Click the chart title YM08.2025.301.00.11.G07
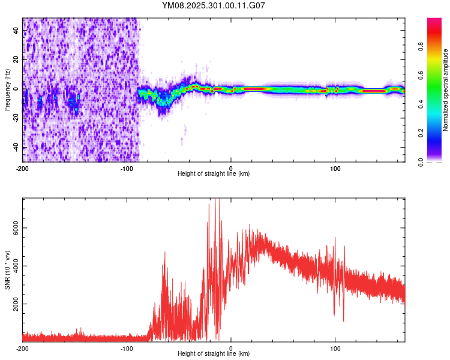[214, 5]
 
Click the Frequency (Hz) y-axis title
[7, 89]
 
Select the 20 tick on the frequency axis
[17, 59]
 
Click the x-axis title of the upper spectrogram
[214, 174]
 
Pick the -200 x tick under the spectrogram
[23, 167]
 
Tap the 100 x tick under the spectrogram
[335, 167]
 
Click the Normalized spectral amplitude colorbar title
[445, 90]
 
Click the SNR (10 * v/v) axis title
[7, 269]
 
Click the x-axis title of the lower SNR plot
[214, 354]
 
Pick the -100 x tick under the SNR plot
[127, 348]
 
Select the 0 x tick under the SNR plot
[232, 348]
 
